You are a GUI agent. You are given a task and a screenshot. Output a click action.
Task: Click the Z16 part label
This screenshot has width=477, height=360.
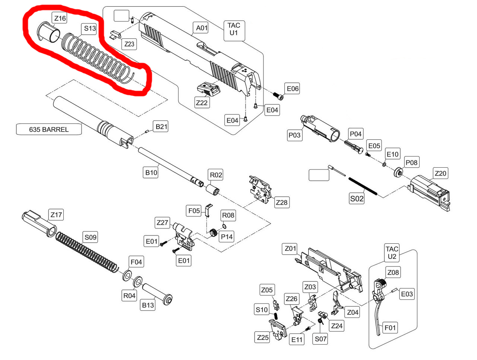tap(60, 18)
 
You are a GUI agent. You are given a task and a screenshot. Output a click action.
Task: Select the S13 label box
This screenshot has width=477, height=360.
tap(90, 28)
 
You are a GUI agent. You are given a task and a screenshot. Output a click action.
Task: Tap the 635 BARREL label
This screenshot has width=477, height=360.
tap(49, 130)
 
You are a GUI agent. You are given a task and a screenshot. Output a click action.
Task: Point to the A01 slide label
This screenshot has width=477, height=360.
tap(202, 28)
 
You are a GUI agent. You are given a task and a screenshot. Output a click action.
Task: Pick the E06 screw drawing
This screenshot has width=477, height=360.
tap(278, 96)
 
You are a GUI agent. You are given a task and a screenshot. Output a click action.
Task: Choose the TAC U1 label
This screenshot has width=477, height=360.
tap(234, 29)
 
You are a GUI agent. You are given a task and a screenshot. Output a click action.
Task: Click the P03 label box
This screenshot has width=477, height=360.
tap(294, 135)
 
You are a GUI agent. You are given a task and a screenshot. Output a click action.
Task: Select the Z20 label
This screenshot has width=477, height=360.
tap(440, 173)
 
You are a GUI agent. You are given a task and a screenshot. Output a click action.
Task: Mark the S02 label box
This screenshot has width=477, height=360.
tap(357, 199)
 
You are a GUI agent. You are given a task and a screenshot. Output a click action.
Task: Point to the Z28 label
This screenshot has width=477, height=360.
tap(282, 202)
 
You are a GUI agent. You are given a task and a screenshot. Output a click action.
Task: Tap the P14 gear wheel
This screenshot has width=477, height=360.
tap(214, 233)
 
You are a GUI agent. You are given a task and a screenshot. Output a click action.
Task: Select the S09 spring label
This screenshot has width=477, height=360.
tap(91, 237)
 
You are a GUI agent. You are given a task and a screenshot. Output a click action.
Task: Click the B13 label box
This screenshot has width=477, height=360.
tap(148, 305)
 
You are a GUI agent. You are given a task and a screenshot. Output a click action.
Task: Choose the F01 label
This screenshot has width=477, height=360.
tap(390, 328)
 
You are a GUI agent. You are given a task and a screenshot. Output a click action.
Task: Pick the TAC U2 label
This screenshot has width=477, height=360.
tap(392, 253)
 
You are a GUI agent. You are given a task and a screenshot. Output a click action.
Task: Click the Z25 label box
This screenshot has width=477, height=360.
tap(263, 337)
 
